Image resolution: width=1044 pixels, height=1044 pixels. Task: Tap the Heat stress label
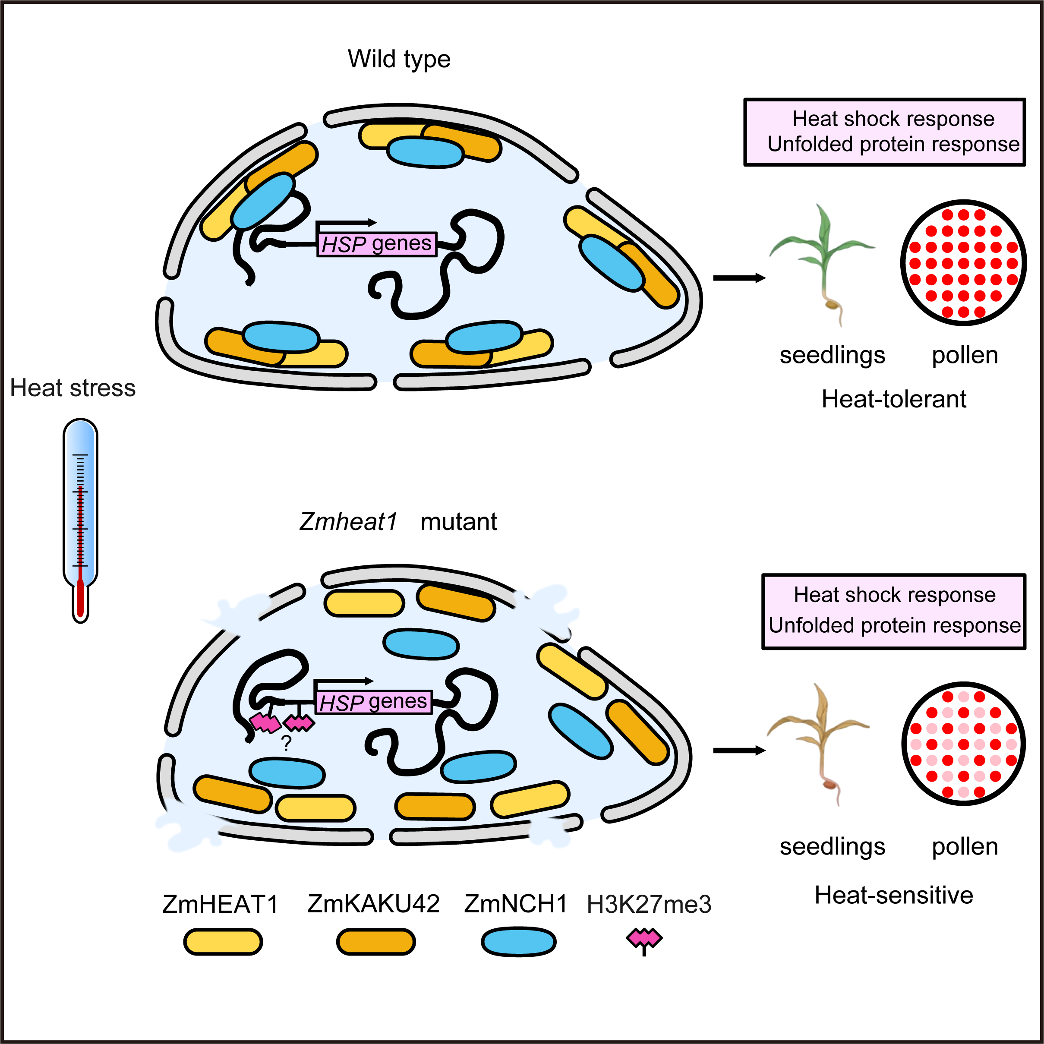(73, 388)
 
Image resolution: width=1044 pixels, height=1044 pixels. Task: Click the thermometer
(80, 519)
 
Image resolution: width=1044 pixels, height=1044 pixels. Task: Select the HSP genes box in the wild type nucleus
(377, 244)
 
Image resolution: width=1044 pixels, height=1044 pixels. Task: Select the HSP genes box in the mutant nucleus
(373, 702)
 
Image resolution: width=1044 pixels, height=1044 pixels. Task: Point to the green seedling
(823, 259)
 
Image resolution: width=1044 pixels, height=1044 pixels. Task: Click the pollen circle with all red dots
(963, 263)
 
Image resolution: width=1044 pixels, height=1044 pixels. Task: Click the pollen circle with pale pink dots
(963, 744)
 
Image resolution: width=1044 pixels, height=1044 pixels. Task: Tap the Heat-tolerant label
(894, 399)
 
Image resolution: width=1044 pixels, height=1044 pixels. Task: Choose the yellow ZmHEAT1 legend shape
(223, 942)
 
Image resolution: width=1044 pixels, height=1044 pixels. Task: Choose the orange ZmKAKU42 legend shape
(376, 942)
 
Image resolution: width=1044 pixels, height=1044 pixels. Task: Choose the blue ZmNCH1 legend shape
(518, 942)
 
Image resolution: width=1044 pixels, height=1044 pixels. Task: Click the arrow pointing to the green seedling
(739, 278)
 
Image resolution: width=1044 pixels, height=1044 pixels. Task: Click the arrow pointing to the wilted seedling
(739, 750)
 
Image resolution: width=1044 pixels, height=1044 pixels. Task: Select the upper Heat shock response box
(885, 132)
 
